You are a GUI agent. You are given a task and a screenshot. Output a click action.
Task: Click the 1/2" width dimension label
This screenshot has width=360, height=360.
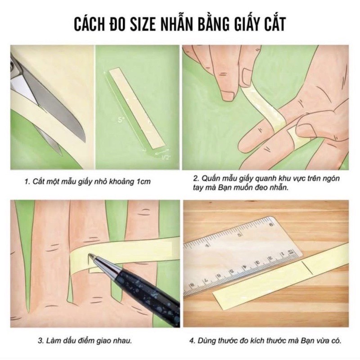pyautogui.click(x=165, y=157)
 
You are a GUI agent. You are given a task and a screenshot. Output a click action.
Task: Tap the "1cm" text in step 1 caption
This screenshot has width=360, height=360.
pyautogui.click(x=143, y=182)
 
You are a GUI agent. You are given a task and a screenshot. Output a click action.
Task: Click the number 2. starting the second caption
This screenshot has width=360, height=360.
pyautogui.click(x=196, y=178)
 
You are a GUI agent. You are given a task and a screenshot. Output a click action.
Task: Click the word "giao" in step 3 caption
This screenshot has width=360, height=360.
pyautogui.click(x=105, y=341)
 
